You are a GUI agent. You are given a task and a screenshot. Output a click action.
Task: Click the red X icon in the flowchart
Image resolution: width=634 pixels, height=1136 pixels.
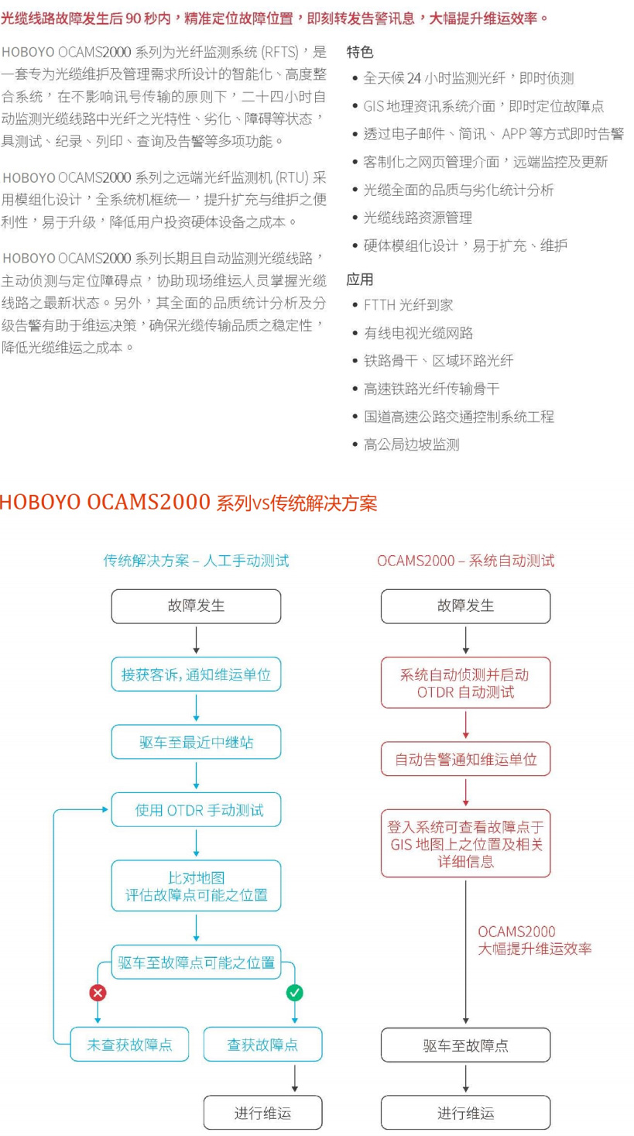coord(98,992)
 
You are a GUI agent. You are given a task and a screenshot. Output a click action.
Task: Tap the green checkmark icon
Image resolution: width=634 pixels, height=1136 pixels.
coord(294,992)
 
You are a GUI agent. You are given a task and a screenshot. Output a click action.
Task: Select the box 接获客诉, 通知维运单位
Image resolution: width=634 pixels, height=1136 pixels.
coord(196,674)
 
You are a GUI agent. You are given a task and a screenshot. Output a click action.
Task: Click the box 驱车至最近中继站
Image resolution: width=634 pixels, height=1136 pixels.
coord(196,742)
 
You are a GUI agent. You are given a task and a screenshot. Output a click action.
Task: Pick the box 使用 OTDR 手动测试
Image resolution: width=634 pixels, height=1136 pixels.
coord(196,810)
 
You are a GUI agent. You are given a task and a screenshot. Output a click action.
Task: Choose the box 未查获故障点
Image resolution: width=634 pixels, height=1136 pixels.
coord(130,1045)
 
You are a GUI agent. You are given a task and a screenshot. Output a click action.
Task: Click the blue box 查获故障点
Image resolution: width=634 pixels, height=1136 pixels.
coord(262,1045)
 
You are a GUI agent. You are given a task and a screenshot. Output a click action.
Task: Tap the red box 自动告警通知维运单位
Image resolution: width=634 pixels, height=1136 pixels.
coord(465,759)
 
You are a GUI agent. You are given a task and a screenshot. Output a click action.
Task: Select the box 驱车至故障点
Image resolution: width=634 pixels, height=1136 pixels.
coord(465,1045)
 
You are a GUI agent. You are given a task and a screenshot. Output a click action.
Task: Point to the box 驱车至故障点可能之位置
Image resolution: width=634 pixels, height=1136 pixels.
coord(196,963)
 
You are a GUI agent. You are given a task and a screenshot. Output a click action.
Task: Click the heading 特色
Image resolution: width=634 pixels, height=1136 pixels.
coord(360,52)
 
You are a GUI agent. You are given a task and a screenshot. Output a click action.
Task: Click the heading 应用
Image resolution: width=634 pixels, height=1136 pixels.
coord(360,279)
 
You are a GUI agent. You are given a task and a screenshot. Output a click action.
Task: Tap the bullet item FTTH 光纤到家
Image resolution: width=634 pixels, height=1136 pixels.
coord(408,305)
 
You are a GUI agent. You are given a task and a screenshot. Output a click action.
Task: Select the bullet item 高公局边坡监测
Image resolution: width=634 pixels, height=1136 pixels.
coord(411,444)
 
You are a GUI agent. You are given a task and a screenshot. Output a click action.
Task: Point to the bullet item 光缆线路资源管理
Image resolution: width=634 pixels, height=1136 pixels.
coord(417,218)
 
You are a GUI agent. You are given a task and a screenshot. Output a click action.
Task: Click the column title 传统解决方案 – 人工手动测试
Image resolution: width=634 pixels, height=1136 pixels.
coord(196,561)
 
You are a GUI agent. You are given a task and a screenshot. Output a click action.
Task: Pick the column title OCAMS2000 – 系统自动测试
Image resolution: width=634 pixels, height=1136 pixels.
coord(465,561)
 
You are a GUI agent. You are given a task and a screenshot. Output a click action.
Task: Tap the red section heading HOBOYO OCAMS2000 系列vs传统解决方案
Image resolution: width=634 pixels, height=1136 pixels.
coord(188,503)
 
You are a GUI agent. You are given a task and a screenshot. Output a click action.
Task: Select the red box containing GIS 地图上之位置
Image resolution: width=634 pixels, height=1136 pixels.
coord(465,843)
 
